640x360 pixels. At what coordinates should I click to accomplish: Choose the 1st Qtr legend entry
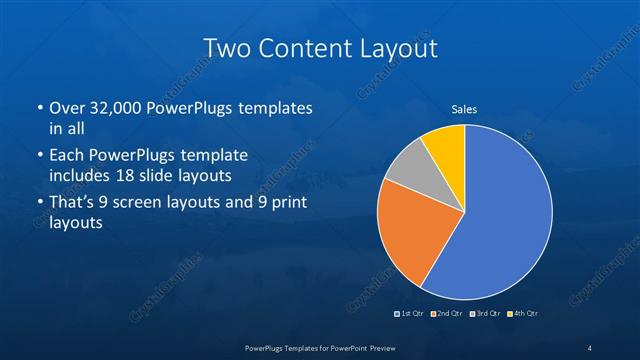pyautogui.click(x=410, y=314)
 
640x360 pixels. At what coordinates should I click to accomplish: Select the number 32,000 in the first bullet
pyautogui.click(x=113, y=108)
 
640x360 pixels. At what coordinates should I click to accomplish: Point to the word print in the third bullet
pyautogui.click(x=285, y=204)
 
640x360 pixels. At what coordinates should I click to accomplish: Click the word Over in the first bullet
pyautogui.click(x=67, y=108)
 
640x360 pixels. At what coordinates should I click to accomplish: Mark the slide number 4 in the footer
pyautogui.click(x=590, y=347)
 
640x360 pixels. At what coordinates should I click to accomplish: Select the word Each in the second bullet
pyautogui.click(x=68, y=156)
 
